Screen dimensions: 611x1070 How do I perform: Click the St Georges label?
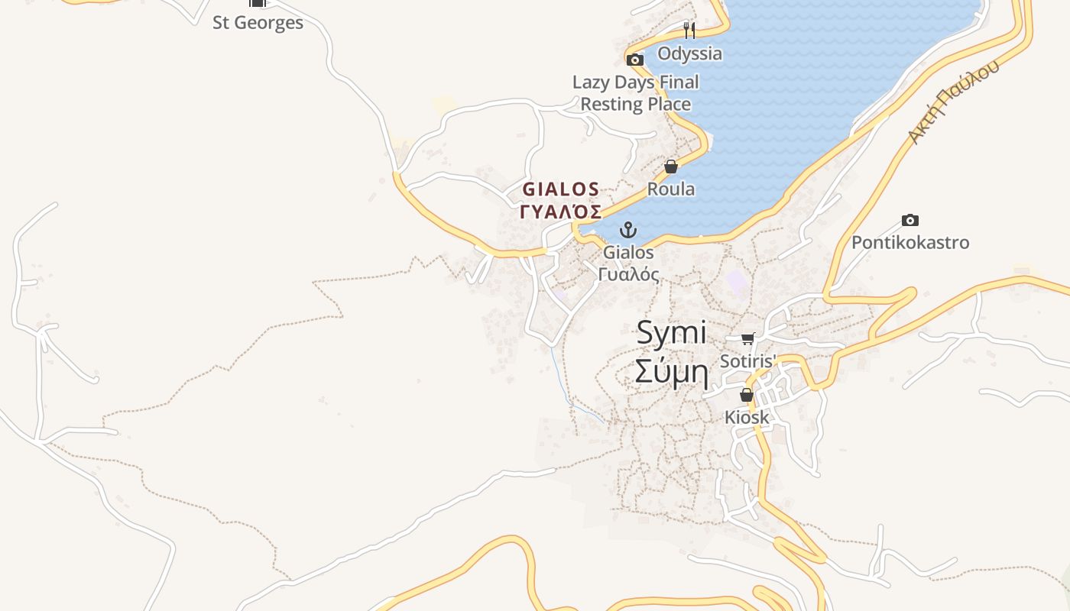(258, 23)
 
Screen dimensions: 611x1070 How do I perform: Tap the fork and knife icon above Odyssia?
(689, 30)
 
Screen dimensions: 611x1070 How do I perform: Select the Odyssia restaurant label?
(689, 53)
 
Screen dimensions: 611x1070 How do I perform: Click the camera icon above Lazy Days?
(635, 60)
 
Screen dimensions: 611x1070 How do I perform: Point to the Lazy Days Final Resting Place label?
(636, 93)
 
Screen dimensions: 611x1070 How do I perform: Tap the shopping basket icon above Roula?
(671, 166)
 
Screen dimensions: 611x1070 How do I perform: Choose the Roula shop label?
(671, 189)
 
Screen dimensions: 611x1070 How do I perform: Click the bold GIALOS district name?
(561, 189)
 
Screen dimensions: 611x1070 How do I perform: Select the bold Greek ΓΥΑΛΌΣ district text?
(561, 212)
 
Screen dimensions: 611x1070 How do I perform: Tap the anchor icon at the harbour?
(628, 229)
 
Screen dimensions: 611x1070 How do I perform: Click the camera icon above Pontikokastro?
(910, 220)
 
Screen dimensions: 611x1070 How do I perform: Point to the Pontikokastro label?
(910, 243)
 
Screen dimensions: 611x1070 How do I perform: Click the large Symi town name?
(672, 333)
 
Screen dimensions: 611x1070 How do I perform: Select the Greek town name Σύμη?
(672, 373)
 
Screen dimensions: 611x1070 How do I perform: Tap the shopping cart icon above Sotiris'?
(747, 338)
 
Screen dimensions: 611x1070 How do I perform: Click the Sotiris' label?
(748, 360)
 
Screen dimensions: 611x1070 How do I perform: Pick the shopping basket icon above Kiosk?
(747, 395)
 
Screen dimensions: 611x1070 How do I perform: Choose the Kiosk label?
(747, 418)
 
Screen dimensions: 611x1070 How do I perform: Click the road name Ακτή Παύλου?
(953, 102)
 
